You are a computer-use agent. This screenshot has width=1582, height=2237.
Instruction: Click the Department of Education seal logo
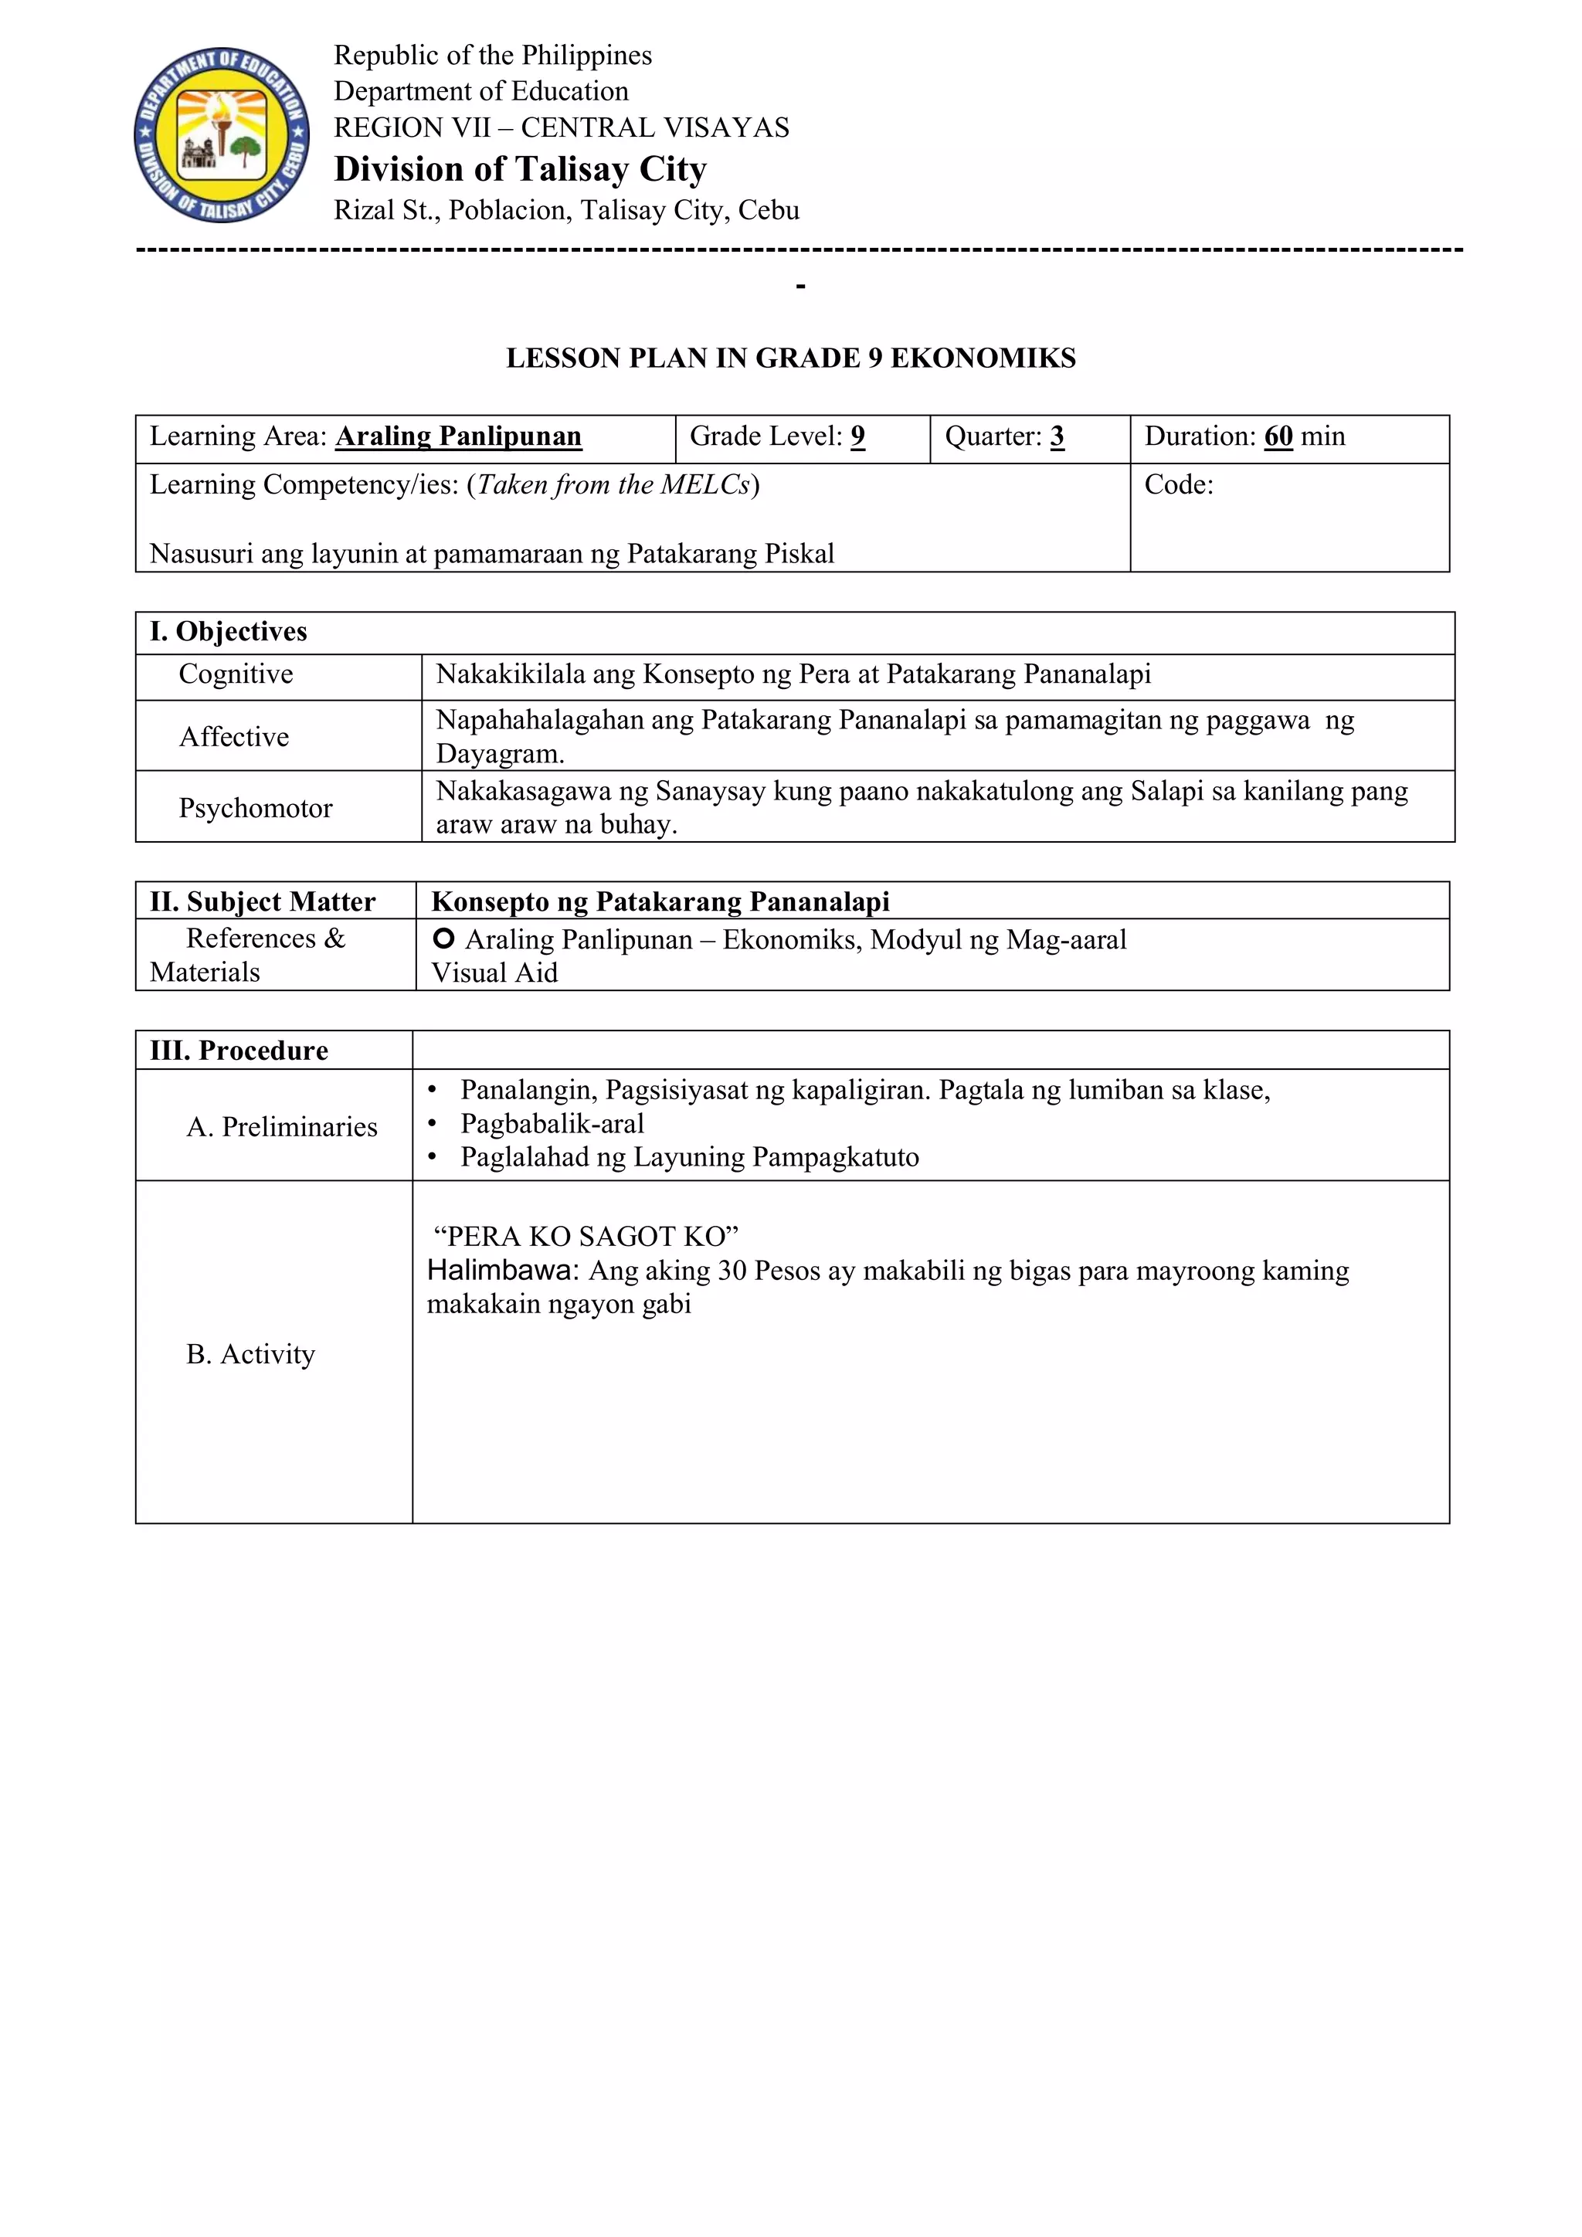(222, 134)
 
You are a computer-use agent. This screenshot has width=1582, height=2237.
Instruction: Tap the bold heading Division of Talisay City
(520, 169)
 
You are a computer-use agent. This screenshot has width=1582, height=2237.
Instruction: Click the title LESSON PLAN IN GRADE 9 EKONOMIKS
(790, 358)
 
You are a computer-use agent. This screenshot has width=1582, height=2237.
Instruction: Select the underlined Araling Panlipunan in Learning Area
(458, 436)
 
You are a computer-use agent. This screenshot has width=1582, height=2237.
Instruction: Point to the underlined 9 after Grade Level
(857, 436)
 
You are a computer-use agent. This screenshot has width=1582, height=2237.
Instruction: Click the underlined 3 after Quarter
(1057, 436)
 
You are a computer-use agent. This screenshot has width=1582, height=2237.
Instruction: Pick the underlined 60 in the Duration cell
(1278, 436)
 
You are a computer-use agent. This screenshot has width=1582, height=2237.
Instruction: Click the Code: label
(1179, 485)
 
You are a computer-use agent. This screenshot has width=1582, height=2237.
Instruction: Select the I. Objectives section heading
(228, 631)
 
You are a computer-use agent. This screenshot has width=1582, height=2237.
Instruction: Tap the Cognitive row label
(236, 674)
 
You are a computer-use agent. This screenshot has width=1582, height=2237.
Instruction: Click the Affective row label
(234, 737)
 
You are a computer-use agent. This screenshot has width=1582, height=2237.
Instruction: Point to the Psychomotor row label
(255, 808)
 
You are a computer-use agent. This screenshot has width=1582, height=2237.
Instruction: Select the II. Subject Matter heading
(262, 902)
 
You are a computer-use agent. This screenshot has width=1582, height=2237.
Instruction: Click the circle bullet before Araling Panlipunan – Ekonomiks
(443, 939)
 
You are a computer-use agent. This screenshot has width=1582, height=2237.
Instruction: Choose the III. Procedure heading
(239, 1051)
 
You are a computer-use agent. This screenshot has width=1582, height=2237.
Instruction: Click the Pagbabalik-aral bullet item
(552, 1123)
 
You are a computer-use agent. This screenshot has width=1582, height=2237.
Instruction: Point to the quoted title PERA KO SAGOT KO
(586, 1237)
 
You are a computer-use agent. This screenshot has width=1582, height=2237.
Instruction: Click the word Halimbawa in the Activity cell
(501, 1271)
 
